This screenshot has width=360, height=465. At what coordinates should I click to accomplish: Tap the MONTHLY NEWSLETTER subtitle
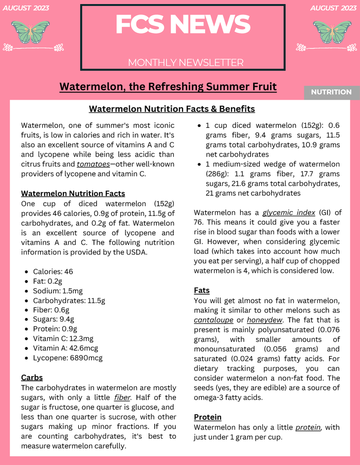pos(186,63)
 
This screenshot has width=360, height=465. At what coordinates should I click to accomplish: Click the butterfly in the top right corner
pos(332,32)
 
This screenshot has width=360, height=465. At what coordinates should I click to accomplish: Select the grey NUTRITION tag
pos(331,92)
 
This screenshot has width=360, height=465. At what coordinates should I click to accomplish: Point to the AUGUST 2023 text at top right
pos(332,8)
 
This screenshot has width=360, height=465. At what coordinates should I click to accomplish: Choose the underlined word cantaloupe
pos(213,320)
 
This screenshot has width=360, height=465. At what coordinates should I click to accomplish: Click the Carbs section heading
pos(32,378)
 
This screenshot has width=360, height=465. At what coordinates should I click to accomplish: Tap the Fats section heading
pos(202,290)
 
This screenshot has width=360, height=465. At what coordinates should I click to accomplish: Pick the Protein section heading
pos(207,417)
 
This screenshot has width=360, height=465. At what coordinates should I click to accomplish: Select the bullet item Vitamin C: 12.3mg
pos(63,339)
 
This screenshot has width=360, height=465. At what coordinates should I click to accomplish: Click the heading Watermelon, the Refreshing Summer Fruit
pos(168,86)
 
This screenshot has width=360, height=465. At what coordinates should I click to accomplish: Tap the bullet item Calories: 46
pos(53,271)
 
